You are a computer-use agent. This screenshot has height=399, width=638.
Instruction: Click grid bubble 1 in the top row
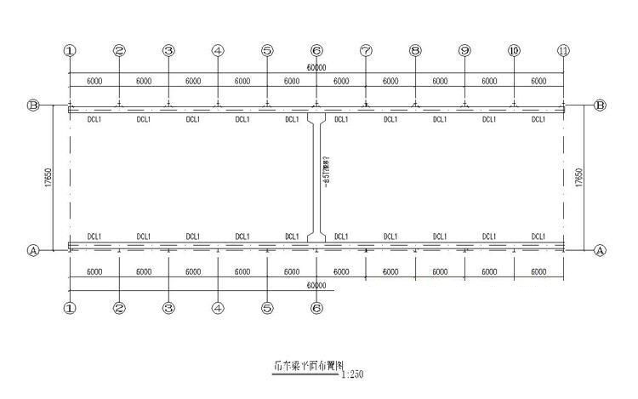point(70,51)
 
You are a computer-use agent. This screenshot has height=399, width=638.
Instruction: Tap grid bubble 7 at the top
point(366,51)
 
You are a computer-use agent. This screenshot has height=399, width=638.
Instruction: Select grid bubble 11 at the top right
point(563,51)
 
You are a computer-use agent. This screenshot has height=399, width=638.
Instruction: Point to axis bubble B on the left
point(34,105)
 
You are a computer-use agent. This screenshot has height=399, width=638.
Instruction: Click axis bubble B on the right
point(600,105)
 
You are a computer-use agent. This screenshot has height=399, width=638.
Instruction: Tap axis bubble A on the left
point(34,251)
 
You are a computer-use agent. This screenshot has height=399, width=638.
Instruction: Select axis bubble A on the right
point(600,251)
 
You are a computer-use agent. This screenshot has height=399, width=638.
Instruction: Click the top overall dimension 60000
point(316,67)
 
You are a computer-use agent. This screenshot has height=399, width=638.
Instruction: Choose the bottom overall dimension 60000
point(316,286)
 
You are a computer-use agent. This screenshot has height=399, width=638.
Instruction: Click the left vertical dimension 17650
point(50,178)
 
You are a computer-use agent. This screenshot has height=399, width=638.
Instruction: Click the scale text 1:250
point(351,373)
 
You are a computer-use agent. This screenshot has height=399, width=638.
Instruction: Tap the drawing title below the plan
point(302,368)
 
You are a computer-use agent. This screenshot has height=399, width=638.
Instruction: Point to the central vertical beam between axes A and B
point(316,179)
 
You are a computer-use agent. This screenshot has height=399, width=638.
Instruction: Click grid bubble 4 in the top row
point(218,51)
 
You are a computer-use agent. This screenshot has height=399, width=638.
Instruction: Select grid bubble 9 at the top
point(464,51)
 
